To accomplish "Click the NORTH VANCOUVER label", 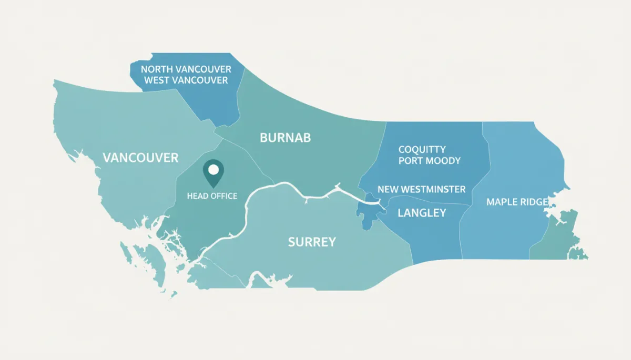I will coord(186,69).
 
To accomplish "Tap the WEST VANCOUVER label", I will coord(186,80).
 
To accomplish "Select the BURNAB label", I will coord(286,138).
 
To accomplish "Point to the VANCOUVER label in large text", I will coord(140,158).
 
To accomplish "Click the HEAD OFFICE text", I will coord(212,196).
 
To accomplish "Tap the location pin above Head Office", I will coord(213,173).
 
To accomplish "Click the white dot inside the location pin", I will coord(213,170).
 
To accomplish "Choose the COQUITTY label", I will coord(422,150).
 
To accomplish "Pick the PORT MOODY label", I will coord(430,161).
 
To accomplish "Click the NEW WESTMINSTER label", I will coord(422,189).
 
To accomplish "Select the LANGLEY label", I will coord(422,213).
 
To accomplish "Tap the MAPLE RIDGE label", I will coord(517,202).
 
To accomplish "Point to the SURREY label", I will coord(312,242).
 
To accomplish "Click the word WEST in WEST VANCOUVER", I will coord(157,80).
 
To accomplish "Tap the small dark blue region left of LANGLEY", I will coord(368,213).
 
